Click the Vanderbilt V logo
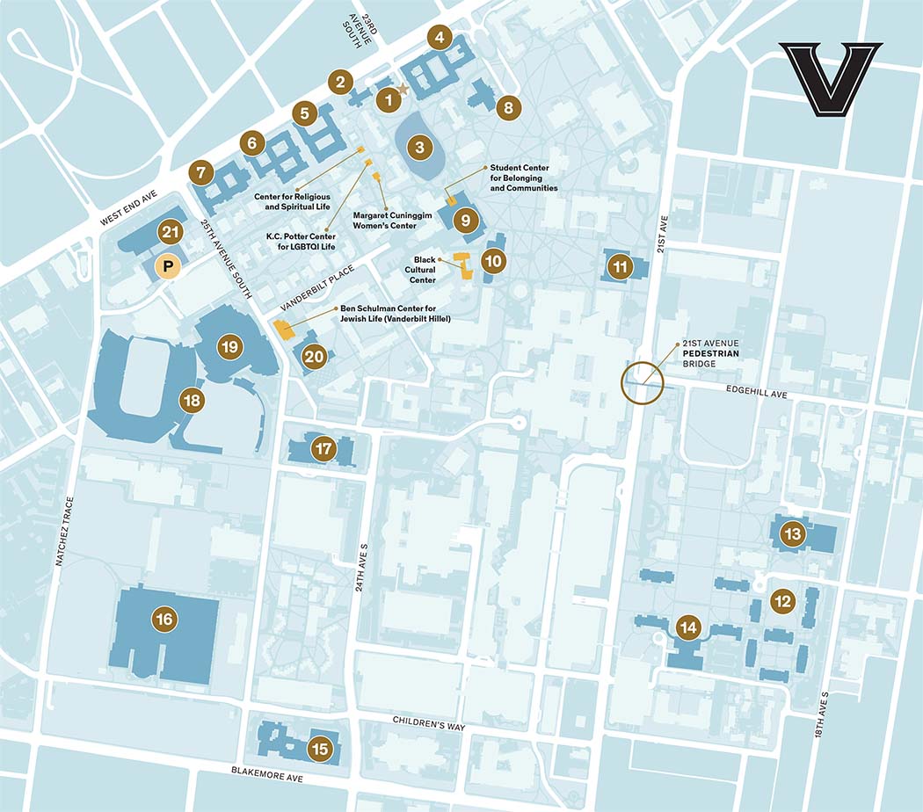(x=830, y=79)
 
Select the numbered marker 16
(x=164, y=619)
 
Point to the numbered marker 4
(x=440, y=38)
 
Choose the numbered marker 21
(x=171, y=233)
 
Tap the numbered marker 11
(x=621, y=265)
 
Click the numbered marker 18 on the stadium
(x=192, y=401)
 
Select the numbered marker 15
(x=320, y=749)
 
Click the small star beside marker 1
(x=403, y=89)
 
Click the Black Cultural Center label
(x=425, y=270)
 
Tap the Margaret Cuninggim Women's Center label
(x=384, y=220)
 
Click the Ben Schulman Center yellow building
(x=284, y=330)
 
